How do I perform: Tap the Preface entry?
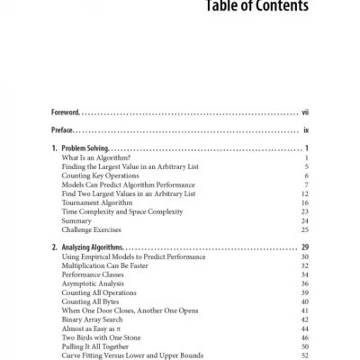coord(63,130)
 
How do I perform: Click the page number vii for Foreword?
coord(305,113)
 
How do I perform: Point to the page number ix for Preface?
coord(307,130)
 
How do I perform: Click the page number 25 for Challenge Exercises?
coord(306,229)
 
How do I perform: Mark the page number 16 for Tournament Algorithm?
coord(306,202)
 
